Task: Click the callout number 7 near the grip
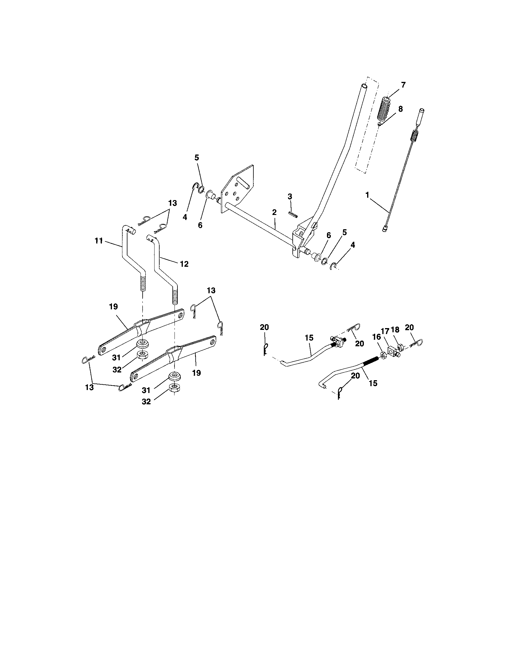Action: point(403,85)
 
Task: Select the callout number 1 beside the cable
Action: point(367,195)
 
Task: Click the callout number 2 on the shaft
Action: point(274,212)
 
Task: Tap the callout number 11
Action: point(99,241)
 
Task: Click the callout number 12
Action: point(184,264)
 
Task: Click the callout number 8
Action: point(401,109)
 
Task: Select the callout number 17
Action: point(385,331)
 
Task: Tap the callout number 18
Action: point(395,330)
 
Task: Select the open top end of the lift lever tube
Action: point(364,86)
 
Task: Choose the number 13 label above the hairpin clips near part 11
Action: point(172,203)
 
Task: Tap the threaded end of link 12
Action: point(174,297)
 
